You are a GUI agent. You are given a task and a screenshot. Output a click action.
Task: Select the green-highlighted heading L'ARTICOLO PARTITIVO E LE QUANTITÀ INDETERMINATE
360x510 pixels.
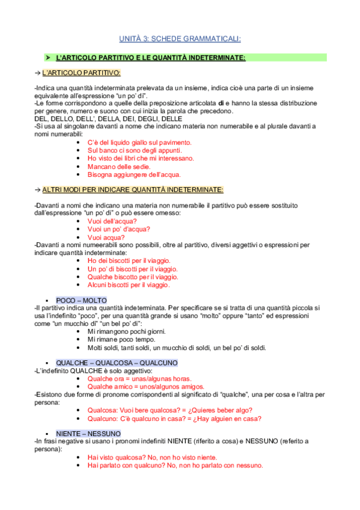point(150,57)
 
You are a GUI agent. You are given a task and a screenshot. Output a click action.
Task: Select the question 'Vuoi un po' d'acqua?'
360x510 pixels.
point(119,229)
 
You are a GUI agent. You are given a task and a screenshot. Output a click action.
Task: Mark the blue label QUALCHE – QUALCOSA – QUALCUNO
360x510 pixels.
point(116,363)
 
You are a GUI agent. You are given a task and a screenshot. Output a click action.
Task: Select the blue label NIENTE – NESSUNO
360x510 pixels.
point(88,433)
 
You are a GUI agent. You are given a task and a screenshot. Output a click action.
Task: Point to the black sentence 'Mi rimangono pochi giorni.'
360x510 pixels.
point(126,331)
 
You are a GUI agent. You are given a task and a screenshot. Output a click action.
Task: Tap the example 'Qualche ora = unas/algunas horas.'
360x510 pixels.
point(139,379)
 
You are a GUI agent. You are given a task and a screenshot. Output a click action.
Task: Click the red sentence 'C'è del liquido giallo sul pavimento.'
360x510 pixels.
point(139,143)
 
